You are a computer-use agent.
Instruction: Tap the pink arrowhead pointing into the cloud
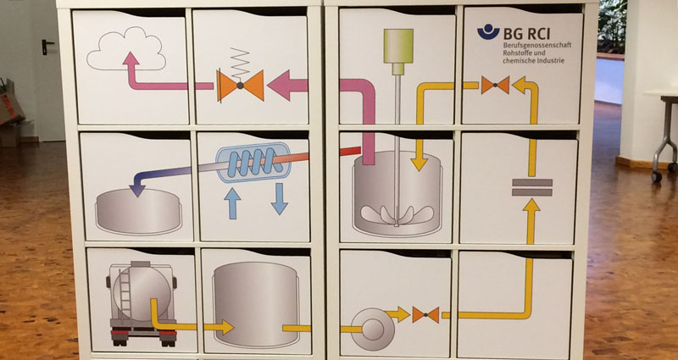point(131,59)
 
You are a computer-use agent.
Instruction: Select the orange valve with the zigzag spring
point(240,86)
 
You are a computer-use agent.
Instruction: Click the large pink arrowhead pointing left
point(281,86)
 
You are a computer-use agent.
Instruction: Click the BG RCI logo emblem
point(488,32)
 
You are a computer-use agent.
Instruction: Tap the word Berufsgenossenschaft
point(537,45)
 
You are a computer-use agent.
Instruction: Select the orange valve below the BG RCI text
point(495,85)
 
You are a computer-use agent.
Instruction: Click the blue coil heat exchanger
point(253,162)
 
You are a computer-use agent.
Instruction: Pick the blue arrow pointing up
point(232,203)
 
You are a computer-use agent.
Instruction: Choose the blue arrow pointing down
point(280,199)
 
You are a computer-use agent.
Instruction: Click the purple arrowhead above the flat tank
point(137,190)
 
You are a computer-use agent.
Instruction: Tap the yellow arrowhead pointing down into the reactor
point(419,163)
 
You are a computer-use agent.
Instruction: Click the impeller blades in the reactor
point(397,215)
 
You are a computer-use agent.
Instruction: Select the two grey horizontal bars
point(532,187)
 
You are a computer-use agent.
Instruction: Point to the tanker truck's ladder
point(125,294)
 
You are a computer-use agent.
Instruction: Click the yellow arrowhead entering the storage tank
point(225,327)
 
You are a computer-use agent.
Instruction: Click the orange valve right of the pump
point(425,314)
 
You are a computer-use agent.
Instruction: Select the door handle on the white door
point(47,46)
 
